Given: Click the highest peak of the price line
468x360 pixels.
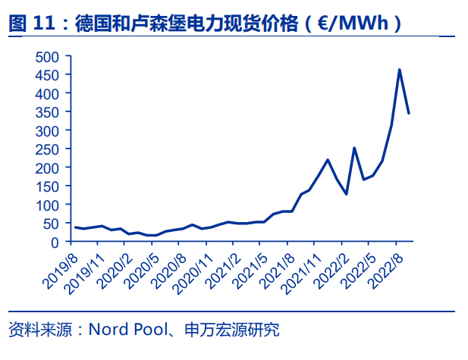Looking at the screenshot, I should point(400,70).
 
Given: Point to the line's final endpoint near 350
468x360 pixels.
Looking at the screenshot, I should point(409,114).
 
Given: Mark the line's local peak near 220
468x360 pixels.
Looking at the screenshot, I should point(328,160).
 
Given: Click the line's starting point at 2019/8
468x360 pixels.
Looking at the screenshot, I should point(74,227).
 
